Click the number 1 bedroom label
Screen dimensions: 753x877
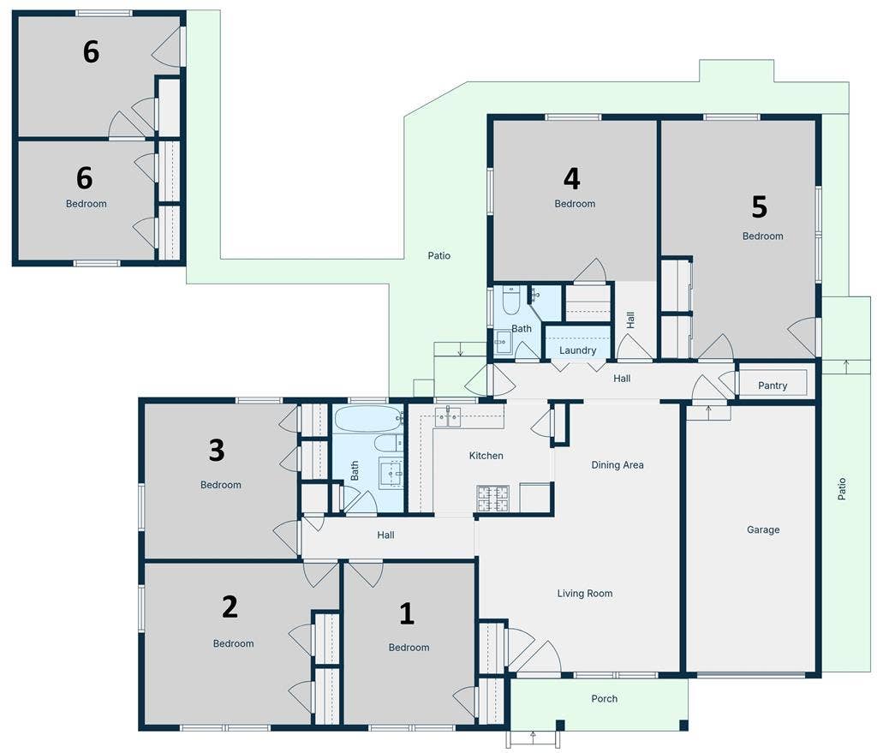[x=407, y=613]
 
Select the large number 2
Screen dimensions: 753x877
[x=230, y=607]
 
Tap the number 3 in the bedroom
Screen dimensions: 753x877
[x=217, y=449]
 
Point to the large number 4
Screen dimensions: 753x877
[x=571, y=178]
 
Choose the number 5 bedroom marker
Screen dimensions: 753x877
[x=759, y=206]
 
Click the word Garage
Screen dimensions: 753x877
[x=763, y=530]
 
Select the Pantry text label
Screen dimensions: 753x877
[x=773, y=386]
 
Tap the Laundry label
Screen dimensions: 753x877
[x=577, y=350]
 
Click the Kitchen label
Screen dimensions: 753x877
[x=486, y=456]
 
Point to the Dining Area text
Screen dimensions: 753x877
[x=617, y=465]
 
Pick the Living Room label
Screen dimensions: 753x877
[x=585, y=594]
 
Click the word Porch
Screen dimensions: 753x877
[x=605, y=699]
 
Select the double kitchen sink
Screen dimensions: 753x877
[x=448, y=417]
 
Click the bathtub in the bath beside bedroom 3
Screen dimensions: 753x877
[x=367, y=419]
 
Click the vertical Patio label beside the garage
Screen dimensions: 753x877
[x=842, y=489]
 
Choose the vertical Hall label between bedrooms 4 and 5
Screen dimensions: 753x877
[x=631, y=320]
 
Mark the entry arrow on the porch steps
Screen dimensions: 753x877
[x=533, y=734]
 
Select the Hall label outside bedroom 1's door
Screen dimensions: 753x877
[x=385, y=535]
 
